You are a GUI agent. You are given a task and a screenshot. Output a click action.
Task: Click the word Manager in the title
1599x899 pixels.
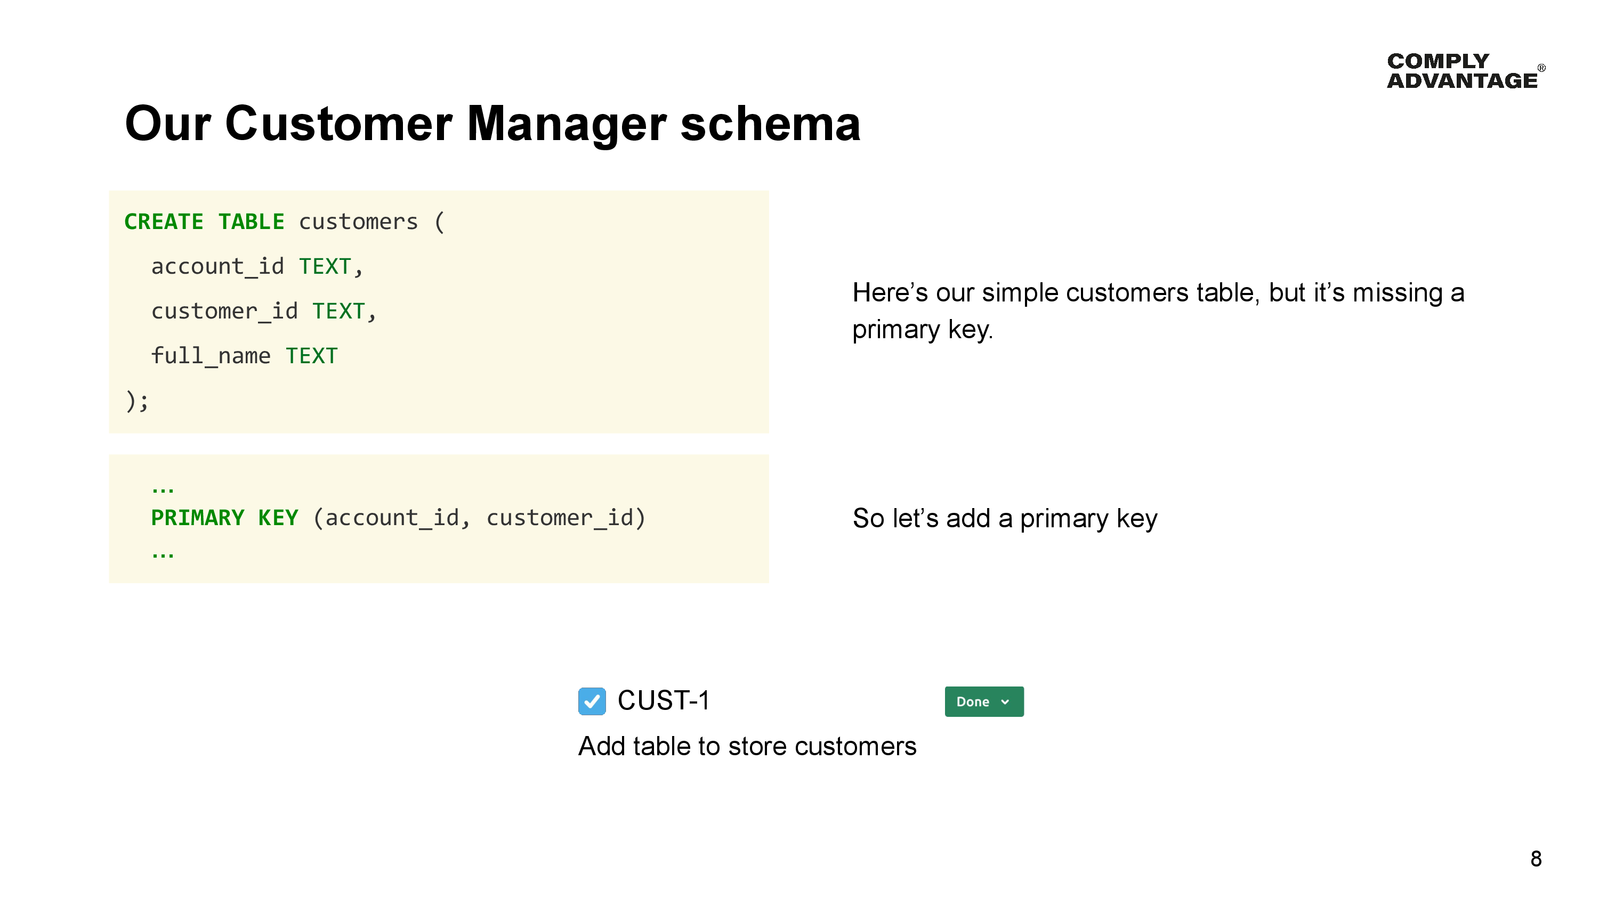click(566, 124)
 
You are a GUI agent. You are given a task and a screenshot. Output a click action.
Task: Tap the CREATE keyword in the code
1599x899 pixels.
click(164, 222)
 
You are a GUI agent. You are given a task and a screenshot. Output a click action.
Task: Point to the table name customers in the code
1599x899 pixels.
click(358, 222)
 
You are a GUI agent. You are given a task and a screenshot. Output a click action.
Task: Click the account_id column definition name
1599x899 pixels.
click(217, 267)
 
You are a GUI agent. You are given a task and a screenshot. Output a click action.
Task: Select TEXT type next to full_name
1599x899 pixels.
click(312, 356)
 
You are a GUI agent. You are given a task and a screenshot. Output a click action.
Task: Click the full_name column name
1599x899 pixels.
click(211, 356)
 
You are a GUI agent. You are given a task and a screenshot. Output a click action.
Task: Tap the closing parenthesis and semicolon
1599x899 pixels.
click(136, 401)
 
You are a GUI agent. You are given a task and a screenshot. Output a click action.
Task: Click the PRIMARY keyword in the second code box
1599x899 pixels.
click(197, 518)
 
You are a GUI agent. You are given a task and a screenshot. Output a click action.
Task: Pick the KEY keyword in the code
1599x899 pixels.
click(278, 518)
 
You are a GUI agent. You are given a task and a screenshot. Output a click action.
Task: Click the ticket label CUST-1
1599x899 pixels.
click(663, 701)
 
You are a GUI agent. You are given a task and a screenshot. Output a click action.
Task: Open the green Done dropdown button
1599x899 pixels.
click(983, 702)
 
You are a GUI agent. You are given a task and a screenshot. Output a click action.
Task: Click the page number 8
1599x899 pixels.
click(1536, 859)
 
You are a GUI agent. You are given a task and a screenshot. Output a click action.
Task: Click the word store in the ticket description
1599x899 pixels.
click(757, 746)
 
